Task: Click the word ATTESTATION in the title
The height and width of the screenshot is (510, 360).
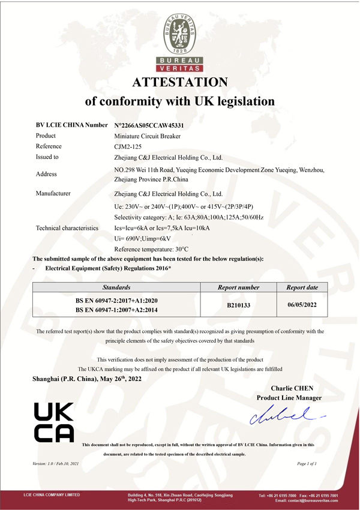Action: pyautogui.click(x=180, y=82)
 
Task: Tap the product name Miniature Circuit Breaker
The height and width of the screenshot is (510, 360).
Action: pyautogui.click(x=147, y=136)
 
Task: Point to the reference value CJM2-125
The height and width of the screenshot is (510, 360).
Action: pyautogui.click(x=125, y=146)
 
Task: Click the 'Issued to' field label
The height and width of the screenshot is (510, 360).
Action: pyautogui.click(x=47, y=157)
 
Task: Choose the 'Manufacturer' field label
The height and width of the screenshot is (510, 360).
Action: pyautogui.click(x=53, y=193)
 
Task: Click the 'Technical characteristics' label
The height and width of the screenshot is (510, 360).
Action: pyautogui.click(x=67, y=228)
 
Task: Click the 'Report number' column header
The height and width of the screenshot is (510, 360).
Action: pyautogui.click(x=239, y=287)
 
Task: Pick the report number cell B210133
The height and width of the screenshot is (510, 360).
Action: pyautogui.click(x=239, y=305)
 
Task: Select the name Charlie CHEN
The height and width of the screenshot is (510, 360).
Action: pyautogui.click(x=292, y=388)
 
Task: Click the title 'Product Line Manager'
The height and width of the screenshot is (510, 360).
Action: pyautogui.click(x=289, y=398)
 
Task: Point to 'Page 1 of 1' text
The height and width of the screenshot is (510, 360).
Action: pyautogui.click(x=307, y=464)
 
